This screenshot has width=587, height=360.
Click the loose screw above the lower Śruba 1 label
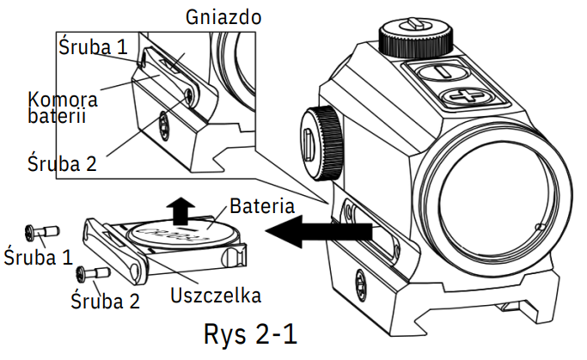pos(38,231)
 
